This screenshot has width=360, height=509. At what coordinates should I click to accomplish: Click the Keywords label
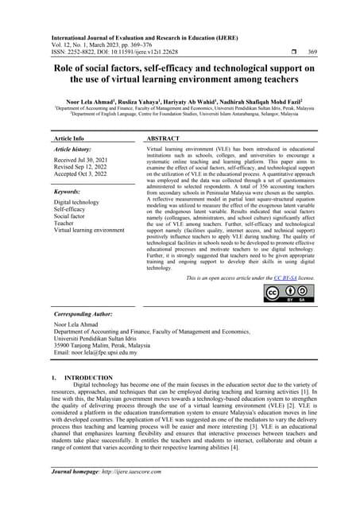point(69,192)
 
